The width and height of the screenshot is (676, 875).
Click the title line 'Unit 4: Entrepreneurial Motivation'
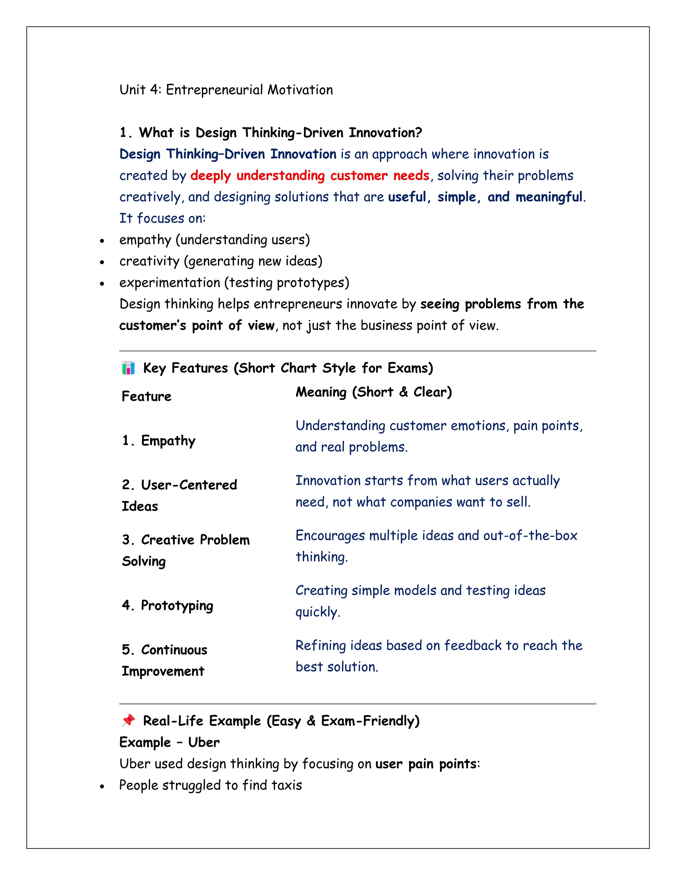click(226, 90)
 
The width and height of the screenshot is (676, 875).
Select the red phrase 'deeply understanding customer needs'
click(310, 175)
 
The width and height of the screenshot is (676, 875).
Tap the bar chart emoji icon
click(128, 368)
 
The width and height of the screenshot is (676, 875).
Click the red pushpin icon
click(128, 720)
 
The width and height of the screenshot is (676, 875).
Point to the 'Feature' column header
click(146, 396)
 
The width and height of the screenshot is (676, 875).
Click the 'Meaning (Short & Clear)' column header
click(373, 392)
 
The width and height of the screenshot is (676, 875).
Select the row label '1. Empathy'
click(158, 440)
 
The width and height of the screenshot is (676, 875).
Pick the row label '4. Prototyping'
click(167, 605)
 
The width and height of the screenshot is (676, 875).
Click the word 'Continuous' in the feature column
click(174, 649)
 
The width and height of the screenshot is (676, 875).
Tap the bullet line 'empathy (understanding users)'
click(214, 240)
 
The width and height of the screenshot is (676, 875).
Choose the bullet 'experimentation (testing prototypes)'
click(234, 282)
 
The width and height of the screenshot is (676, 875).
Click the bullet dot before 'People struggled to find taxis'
click(102, 786)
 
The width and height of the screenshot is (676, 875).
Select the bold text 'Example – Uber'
click(169, 742)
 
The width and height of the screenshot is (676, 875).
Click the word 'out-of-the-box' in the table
click(530, 535)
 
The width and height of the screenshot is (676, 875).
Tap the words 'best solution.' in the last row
click(336, 667)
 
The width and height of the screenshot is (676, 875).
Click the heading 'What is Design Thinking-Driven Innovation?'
click(280, 133)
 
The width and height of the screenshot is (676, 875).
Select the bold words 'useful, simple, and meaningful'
click(485, 197)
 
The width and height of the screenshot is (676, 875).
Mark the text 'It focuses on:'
click(162, 218)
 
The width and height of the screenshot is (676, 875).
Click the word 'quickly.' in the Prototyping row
click(318, 612)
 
